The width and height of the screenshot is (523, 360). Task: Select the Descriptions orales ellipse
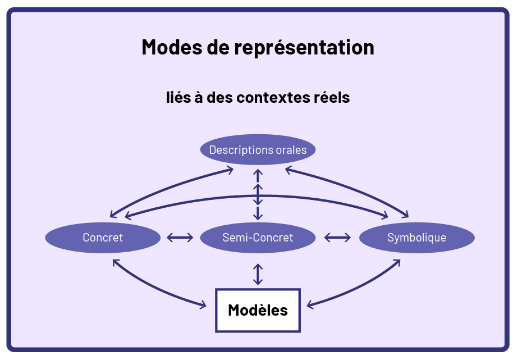pyautogui.click(x=258, y=150)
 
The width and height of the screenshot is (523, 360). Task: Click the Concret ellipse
pyautogui.click(x=103, y=238)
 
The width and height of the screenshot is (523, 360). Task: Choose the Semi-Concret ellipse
pyautogui.click(x=258, y=238)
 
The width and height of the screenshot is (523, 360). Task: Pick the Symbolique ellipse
pyautogui.click(x=416, y=238)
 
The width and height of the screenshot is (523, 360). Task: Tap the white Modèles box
pyautogui.click(x=258, y=310)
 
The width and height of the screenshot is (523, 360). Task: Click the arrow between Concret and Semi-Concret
pyautogui.click(x=180, y=238)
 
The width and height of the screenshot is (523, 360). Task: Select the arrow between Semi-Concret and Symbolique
pyautogui.click(x=337, y=238)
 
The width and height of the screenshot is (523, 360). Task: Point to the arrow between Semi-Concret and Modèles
pyautogui.click(x=258, y=274)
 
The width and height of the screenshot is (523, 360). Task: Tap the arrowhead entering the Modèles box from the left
pyautogui.click(x=202, y=306)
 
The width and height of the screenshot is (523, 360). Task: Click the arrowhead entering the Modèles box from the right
pyautogui.click(x=310, y=306)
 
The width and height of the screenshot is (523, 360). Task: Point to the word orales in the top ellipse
pyautogui.click(x=291, y=150)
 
